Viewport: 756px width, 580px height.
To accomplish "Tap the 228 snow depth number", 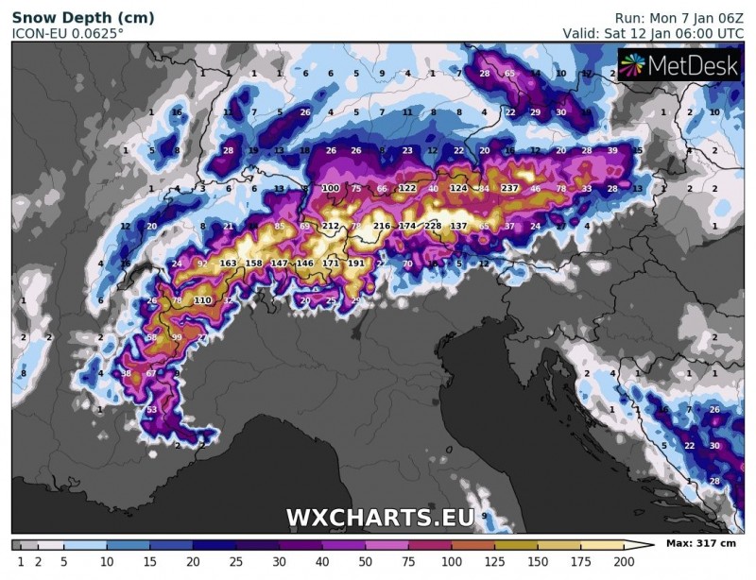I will pyautogui.click(x=433, y=227).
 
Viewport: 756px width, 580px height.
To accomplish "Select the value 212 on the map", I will pyautogui.click(x=331, y=227).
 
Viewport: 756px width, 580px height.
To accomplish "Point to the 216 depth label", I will pyautogui.click(x=382, y=227).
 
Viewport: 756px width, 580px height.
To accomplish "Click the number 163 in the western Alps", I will pyautogui.click(x=228, y=264).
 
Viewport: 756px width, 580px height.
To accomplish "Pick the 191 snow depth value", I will pyautogui.click(x=355, y=264).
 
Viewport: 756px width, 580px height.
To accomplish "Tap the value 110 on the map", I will pyautogui.click(x=202, y=300).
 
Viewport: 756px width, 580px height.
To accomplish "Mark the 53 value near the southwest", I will pyautogui.click(x=151, y=409).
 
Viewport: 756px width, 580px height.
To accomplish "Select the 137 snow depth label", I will pyautogui.click(x=458, y=227).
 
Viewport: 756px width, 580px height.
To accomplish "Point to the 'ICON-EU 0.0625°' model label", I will pyautogui.click(x=67, y=33).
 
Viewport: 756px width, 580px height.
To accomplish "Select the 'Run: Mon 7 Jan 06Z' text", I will pyautogui.click(x=676, y=18).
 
